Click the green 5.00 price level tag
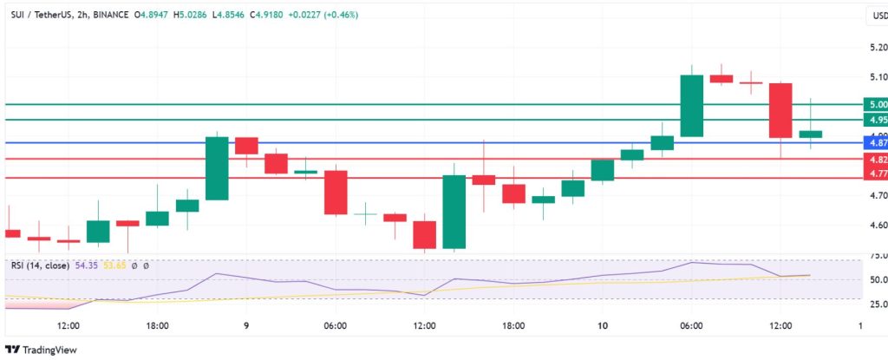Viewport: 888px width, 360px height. pyautogui.click(x=876, y=104)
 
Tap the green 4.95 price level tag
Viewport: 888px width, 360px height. pyautogui.click(x=876, y=120)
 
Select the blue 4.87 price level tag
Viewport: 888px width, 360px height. pyautogui.click(x=876, y=142)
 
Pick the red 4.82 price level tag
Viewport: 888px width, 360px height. pyautogui.click(x=876, y=160)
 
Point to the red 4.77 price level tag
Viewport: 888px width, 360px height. pyautogui.click(x=876, y=174)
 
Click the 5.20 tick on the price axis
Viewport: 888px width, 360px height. pyautogui.click(x=876, y=47)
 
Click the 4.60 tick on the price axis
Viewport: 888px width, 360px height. pyautogui.click(x=876, y=225)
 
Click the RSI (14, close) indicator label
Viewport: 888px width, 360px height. pyautogui.click(x=41, y=265)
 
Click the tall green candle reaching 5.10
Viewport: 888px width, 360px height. pyautogui.click(x=691, y=105)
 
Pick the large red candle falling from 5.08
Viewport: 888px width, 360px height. pyautogui.click(x=780, y=110)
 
